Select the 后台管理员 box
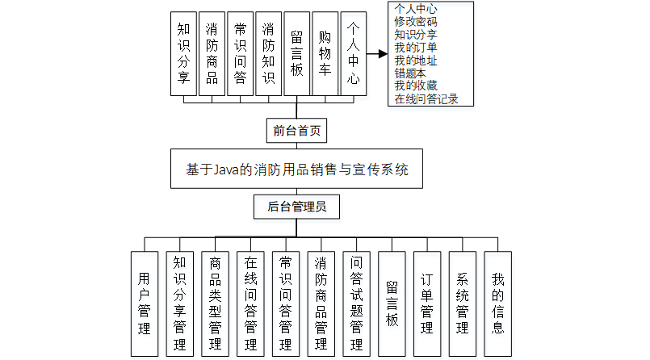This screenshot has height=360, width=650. [296, 207]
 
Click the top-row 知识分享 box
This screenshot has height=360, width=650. [183, 54]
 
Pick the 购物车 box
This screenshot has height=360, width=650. [325, 54]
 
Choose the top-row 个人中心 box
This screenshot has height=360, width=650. [353, 54]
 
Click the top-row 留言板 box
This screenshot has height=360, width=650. [296, 54]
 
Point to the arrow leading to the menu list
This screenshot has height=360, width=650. [377, 54]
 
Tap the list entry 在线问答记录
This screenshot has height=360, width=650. [426, 99]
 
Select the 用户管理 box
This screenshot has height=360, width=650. [145, 303]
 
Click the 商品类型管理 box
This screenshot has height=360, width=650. [216, 303]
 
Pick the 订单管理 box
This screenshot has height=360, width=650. [427, 303]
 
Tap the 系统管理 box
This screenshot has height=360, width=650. [463, 303]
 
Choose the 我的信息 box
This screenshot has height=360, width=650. [498, 303]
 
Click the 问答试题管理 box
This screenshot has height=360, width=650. [357, 303]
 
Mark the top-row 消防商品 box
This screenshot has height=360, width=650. [212, 54]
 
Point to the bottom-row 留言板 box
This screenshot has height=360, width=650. [392, 303]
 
